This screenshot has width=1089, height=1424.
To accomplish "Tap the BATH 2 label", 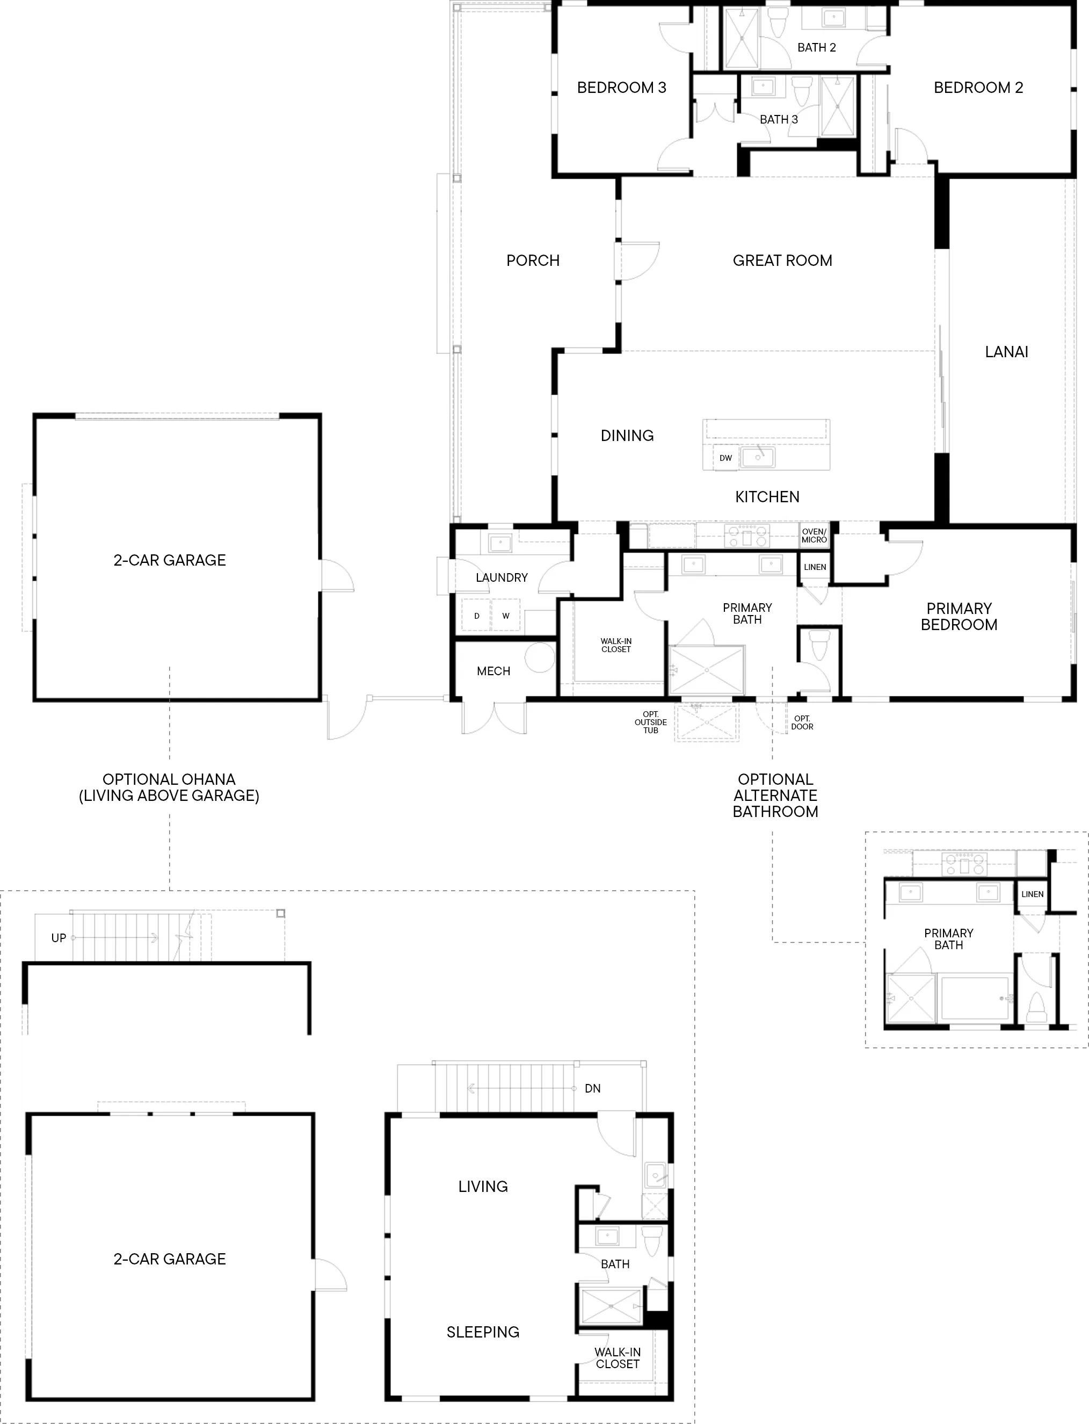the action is (816, 47).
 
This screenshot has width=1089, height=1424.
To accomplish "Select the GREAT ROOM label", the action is (782, 261).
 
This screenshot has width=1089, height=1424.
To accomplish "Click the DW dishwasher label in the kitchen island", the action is (725, 458).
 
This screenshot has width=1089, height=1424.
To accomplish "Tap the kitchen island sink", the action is (758, 457).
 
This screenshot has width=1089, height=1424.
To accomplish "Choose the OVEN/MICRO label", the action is (814, 536).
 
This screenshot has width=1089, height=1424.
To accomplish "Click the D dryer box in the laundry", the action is (476, 616).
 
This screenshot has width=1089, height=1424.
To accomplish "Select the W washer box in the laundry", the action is (506, 616).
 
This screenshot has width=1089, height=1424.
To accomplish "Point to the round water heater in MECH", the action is (539, 657).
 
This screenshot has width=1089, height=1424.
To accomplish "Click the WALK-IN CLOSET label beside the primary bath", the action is (616, 645).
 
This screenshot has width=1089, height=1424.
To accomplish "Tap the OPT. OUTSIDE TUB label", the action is (651, 722).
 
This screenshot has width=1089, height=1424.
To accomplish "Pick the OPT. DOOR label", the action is (802, 722).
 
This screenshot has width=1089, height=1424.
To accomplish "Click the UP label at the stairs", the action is (59, 938).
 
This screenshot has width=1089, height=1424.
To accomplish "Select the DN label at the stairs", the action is (592, 1089).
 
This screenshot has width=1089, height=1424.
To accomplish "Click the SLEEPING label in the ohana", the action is (483, 1333).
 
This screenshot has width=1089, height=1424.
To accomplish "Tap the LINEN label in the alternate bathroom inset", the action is (1033, 894).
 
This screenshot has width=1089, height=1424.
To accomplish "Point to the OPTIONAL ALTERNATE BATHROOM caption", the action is (775, 796).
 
